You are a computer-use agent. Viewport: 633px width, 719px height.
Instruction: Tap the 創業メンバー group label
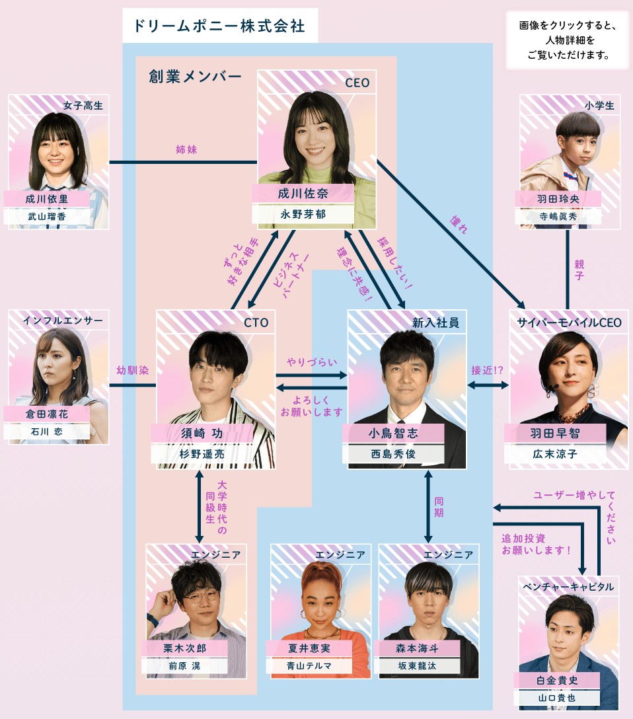pyautogui.click(x=195, y=76)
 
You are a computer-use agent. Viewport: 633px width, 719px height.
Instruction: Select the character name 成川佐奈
pyautogui.click(x=303, y=194)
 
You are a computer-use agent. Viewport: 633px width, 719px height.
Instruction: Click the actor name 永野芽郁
pyautogui.click(x=303, y=215)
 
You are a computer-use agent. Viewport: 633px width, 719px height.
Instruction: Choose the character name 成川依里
pyautogui.click(x=47, y=198)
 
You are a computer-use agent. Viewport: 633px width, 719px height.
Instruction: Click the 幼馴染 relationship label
pyautogui.click(x=132, y=371)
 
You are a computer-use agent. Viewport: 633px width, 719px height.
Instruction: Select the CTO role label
pyautogui.click(x=256, y=322)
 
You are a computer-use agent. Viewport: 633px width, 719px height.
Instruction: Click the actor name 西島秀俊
pyautogui.click(x=394, y=454)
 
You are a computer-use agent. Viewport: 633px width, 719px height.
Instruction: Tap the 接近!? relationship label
pyautogui.click(x=487, y=371)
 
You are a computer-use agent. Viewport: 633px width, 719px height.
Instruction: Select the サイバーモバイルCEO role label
pyautogui.click(x=569, y=322)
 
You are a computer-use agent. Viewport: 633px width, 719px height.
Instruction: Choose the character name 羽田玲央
pyautogui.click(x=558, y=198)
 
